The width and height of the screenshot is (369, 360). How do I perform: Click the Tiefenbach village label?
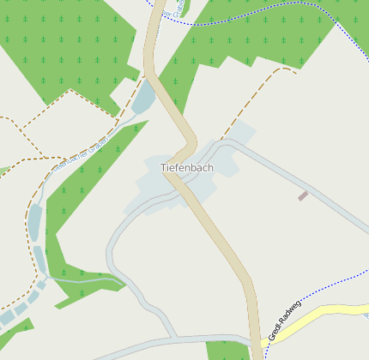(186, 168)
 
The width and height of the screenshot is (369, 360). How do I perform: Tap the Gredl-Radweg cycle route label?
(286, 321)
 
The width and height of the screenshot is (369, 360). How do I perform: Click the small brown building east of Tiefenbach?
(303, 196)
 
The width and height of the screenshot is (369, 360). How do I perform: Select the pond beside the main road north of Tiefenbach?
(143, 97)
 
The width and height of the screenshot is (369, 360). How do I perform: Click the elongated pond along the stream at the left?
(35, 223)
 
